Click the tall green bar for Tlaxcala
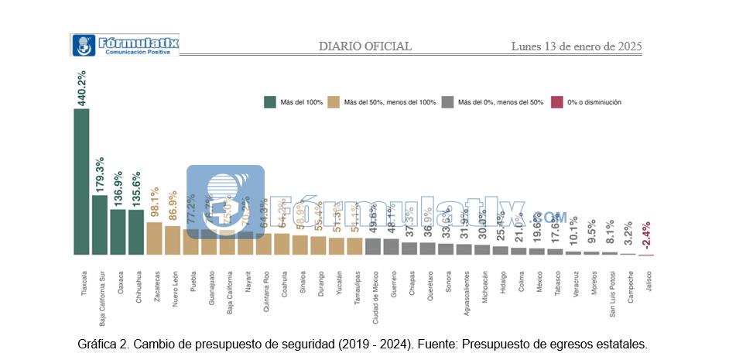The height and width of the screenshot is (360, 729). click(x=81, y=181)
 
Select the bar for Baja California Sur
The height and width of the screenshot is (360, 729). click(x=100, y=225)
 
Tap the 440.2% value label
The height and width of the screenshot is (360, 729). click(x=81, y=87)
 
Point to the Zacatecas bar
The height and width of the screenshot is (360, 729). click(x=154, y=238)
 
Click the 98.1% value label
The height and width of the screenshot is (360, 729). click(x=154, y=204)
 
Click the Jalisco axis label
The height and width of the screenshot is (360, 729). click(x=648, y=280)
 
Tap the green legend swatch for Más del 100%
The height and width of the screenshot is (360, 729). click(x=270, y=101)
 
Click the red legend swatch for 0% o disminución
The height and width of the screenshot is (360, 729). click(x=556, y=101)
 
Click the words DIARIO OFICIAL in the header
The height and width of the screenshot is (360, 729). click(x=365, y=46)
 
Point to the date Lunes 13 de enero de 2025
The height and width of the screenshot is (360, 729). click(x=577, y=46)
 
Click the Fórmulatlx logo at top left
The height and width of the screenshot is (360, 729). click(x=125, y=44)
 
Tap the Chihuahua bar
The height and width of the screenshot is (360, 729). click(x=136, y=231)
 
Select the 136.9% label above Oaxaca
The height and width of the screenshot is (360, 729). click(x=118, y=189)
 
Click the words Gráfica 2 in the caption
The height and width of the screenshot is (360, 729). click(x=107, y=344)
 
